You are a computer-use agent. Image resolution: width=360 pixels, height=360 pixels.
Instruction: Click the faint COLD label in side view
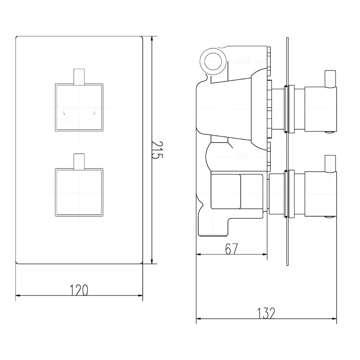pyautogui.click(x=243, y=61)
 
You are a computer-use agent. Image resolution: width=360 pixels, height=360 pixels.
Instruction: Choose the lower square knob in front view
pyautogui.click(x=79, y=192)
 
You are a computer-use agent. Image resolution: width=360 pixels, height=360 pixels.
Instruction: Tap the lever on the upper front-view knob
pyautogui.click(x=79, y=76)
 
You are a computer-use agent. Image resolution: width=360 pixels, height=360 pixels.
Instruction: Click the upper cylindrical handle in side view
pyautogui.click(x=320, y=109)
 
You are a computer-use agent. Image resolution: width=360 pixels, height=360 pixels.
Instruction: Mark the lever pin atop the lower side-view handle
pyautogui.click(x=330, y=164)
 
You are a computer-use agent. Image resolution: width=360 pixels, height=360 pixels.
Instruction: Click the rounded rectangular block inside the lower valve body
pyautogui.click(x=225, y=191)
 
